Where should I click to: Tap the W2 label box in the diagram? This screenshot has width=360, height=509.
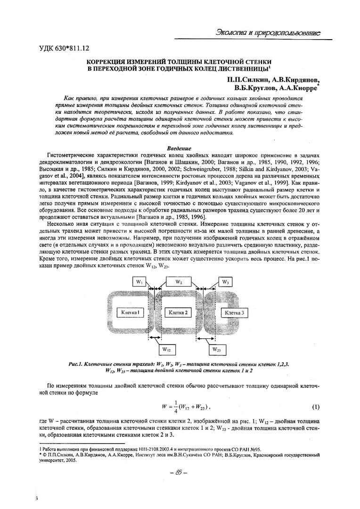click(x=179, y=282)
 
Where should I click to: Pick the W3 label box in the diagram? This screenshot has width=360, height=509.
click(x=226, y=282)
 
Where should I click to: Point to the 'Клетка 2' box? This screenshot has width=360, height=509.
click(x=178, y=312)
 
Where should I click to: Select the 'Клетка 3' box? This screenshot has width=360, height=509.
click(x=235, y=312)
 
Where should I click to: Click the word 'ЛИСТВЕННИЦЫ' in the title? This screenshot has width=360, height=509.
click(x=241, y=69)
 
